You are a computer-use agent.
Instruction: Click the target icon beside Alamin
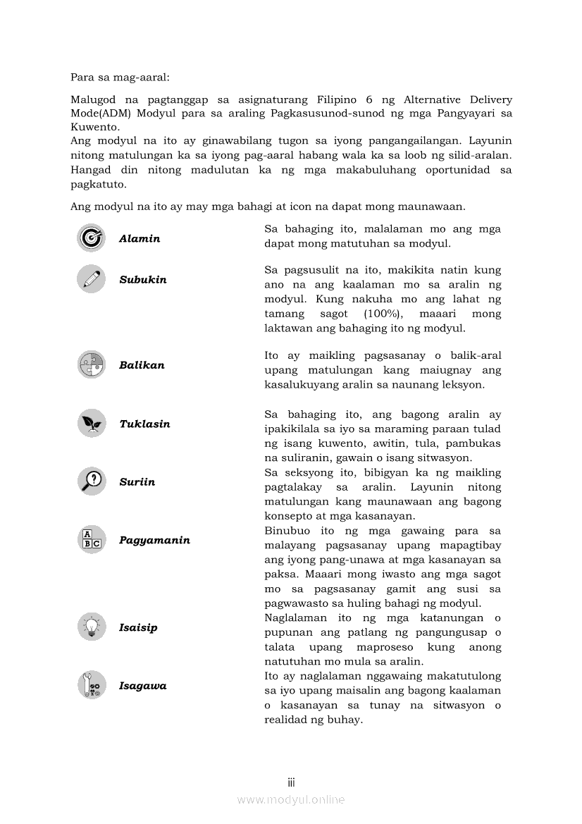(x=91, y=238)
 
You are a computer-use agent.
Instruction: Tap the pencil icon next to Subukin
(x=91, y=279)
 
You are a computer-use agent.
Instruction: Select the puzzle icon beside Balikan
(x=91, y=364)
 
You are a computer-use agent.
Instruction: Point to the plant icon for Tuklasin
(x=91, y=424)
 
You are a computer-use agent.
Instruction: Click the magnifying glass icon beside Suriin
(x=91, y=481)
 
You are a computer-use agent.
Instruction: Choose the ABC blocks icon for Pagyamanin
(x=91, y=540)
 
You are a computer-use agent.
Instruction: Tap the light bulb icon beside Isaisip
(x=91, y=627)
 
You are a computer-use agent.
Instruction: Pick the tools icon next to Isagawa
(x=91, y=685)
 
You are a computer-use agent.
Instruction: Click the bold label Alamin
(x=140, y=239)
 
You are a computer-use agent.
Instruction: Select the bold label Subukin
(x=143, y=280)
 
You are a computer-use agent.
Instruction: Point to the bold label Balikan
(x=142, y=365)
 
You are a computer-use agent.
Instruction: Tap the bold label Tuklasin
(x=144, y=424)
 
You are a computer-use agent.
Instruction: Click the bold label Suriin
(x=137, y=482)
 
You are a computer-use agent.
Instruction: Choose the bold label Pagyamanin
(x=154, y=541)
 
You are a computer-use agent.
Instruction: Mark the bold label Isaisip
(x=138, y=628)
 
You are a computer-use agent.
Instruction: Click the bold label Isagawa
(x=143, y=686)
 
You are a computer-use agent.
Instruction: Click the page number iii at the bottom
(x=291, y=782)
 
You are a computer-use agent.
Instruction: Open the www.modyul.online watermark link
(x=291, y=799)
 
